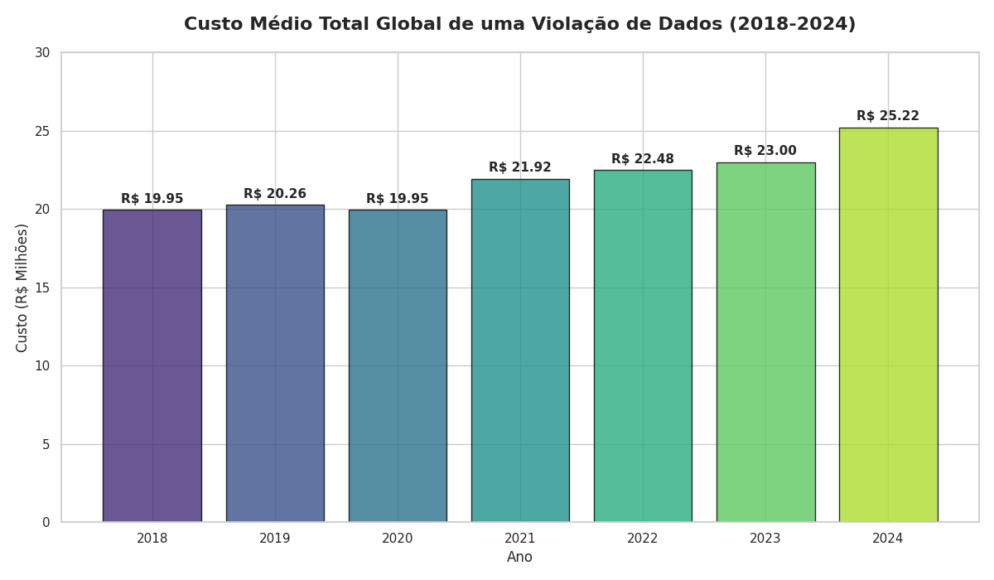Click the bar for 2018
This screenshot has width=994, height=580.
click(152, 365)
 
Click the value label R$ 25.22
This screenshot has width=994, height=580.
click(888, 116)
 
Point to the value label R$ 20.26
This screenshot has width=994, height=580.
click(275, 194)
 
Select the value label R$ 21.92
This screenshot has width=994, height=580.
click(520, 167)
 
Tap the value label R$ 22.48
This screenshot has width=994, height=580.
click(643, 159)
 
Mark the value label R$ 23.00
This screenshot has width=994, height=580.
click(765, 151)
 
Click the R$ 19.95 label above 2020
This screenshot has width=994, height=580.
click(398, 199)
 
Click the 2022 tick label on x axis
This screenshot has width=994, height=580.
click(643, 539)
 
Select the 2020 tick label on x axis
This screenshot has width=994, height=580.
click(398, 539)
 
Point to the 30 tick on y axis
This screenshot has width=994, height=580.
click(41, 53)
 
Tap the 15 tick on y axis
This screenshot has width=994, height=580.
click(41, 288)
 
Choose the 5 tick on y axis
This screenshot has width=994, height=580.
click(46, 444)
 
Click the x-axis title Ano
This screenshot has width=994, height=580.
click(519, 558)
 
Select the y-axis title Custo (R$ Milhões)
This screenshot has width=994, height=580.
click(22, 288)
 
